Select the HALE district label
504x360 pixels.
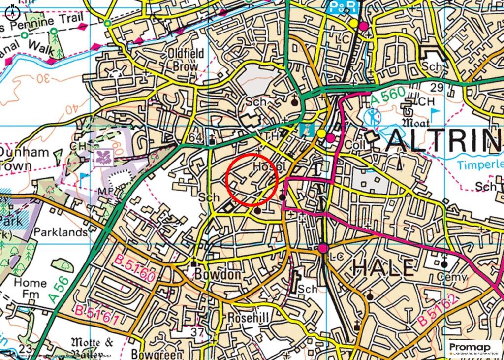(x=384, y=268)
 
